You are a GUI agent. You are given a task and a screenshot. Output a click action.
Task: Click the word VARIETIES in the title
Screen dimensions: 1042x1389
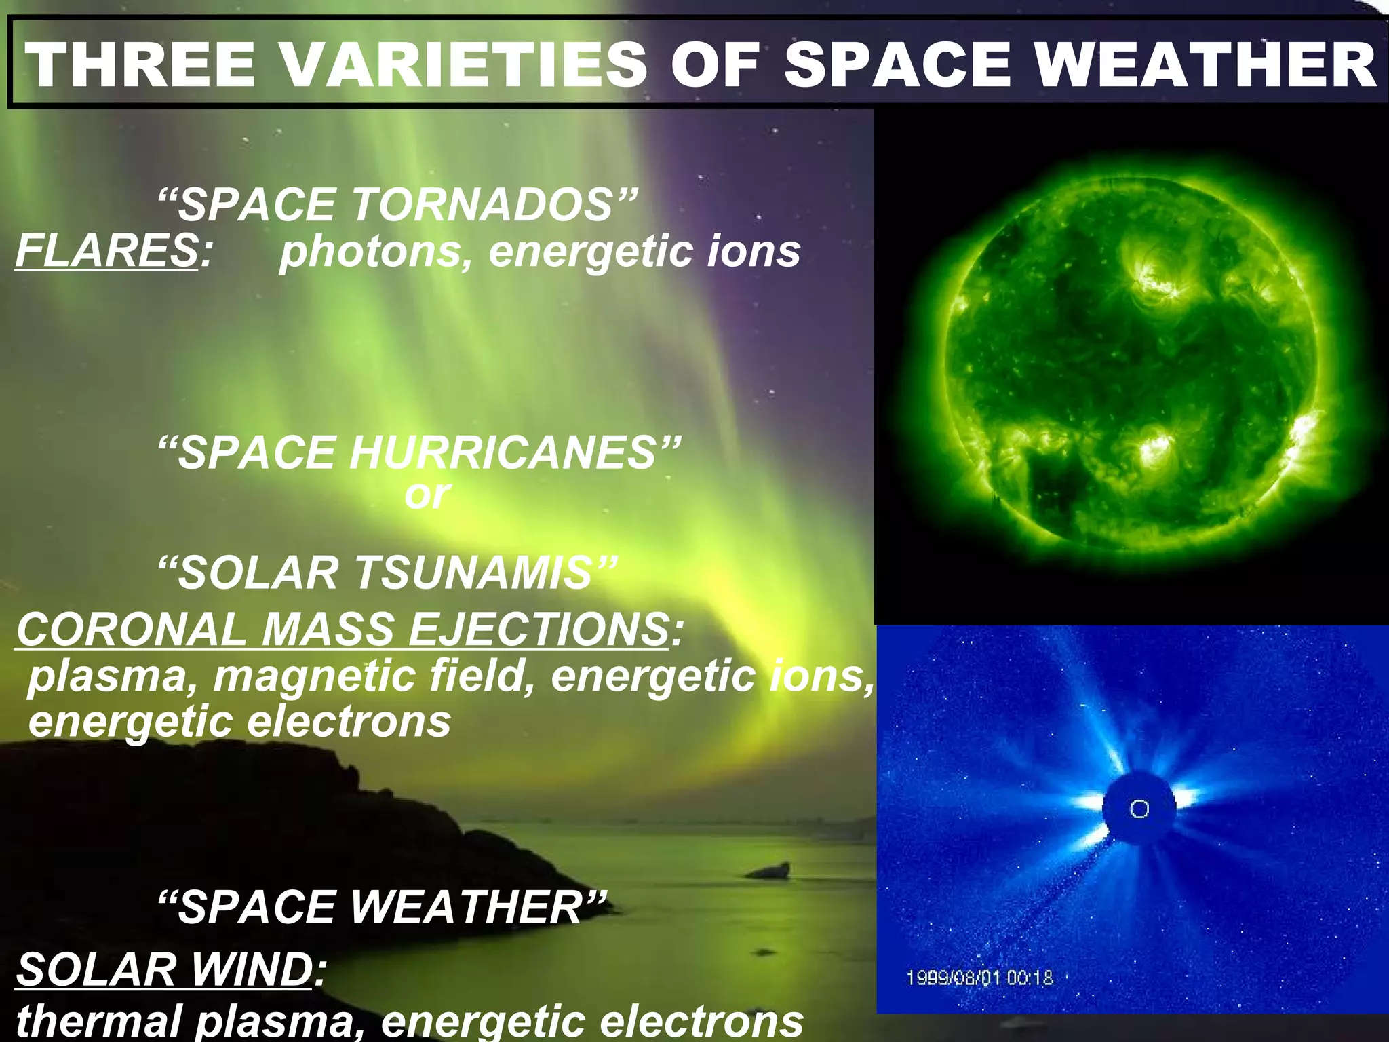click(464, 64)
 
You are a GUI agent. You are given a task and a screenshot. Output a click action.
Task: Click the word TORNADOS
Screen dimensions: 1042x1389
click(482, 204)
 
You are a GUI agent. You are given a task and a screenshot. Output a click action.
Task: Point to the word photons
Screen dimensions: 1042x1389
click(370, 252)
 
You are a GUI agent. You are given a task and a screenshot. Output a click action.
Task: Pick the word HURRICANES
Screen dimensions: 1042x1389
click(503, 452)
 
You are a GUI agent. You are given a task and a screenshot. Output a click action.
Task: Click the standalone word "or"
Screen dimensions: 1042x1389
click(427, 495)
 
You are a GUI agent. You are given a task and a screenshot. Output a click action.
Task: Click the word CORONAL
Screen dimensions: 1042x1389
click(132, 629)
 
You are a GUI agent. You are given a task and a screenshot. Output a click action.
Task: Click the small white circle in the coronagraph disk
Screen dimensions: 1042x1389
click(1139, 809)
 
